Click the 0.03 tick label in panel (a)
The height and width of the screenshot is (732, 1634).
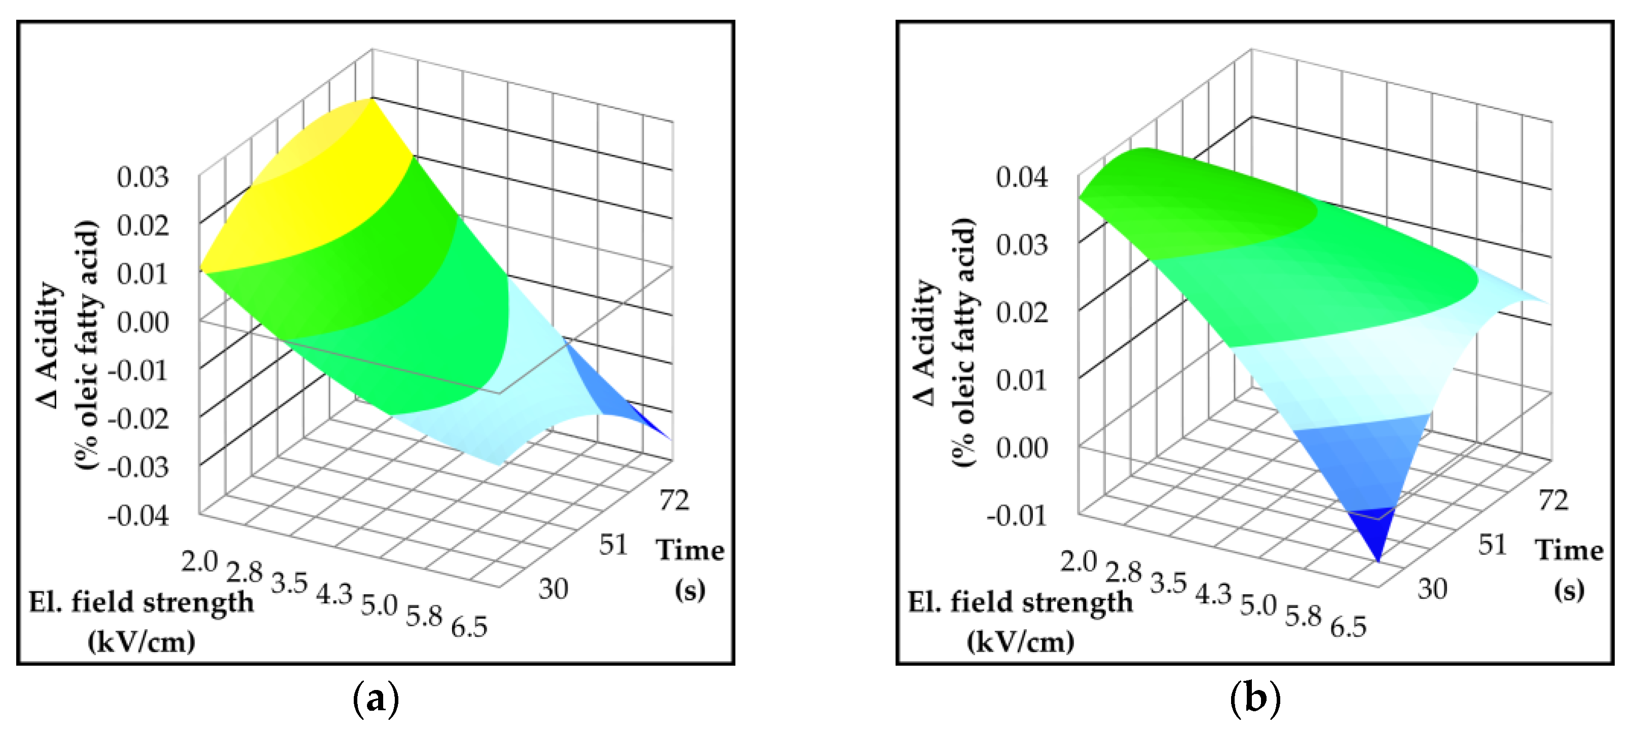click(x=143, y=178)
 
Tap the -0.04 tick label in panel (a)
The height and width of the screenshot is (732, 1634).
click(x=138, y=516)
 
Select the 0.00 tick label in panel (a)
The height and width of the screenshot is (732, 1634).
click(x=143, y=322)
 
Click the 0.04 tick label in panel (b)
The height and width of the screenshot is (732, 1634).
click(x=1022, y=178)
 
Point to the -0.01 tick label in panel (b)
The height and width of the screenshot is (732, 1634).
click(x=1017, y=516)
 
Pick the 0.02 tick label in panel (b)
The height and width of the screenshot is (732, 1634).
click(x=1022, y=312)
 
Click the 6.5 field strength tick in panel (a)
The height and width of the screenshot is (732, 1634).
click(x=469, y=627)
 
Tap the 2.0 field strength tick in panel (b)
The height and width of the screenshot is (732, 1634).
click(x=1079, y=561)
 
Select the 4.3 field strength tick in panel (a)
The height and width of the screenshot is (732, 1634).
click(x=335, y=594)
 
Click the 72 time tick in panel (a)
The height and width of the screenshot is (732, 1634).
click(x=674, y=501)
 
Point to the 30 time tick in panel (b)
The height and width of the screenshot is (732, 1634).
click(x=1433, y=589)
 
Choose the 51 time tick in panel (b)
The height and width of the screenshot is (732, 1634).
click(x=1492, y=545)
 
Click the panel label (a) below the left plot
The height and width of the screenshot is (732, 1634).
click(x=376, y=699)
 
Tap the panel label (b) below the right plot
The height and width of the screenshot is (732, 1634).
click(x=1255, y=699)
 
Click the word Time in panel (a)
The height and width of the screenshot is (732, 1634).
click(x=690, y=550)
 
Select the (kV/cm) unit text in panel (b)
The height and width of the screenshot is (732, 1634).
click(x=1021, y=642)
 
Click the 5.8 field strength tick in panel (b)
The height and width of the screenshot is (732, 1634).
click(x=1303, y=616)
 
